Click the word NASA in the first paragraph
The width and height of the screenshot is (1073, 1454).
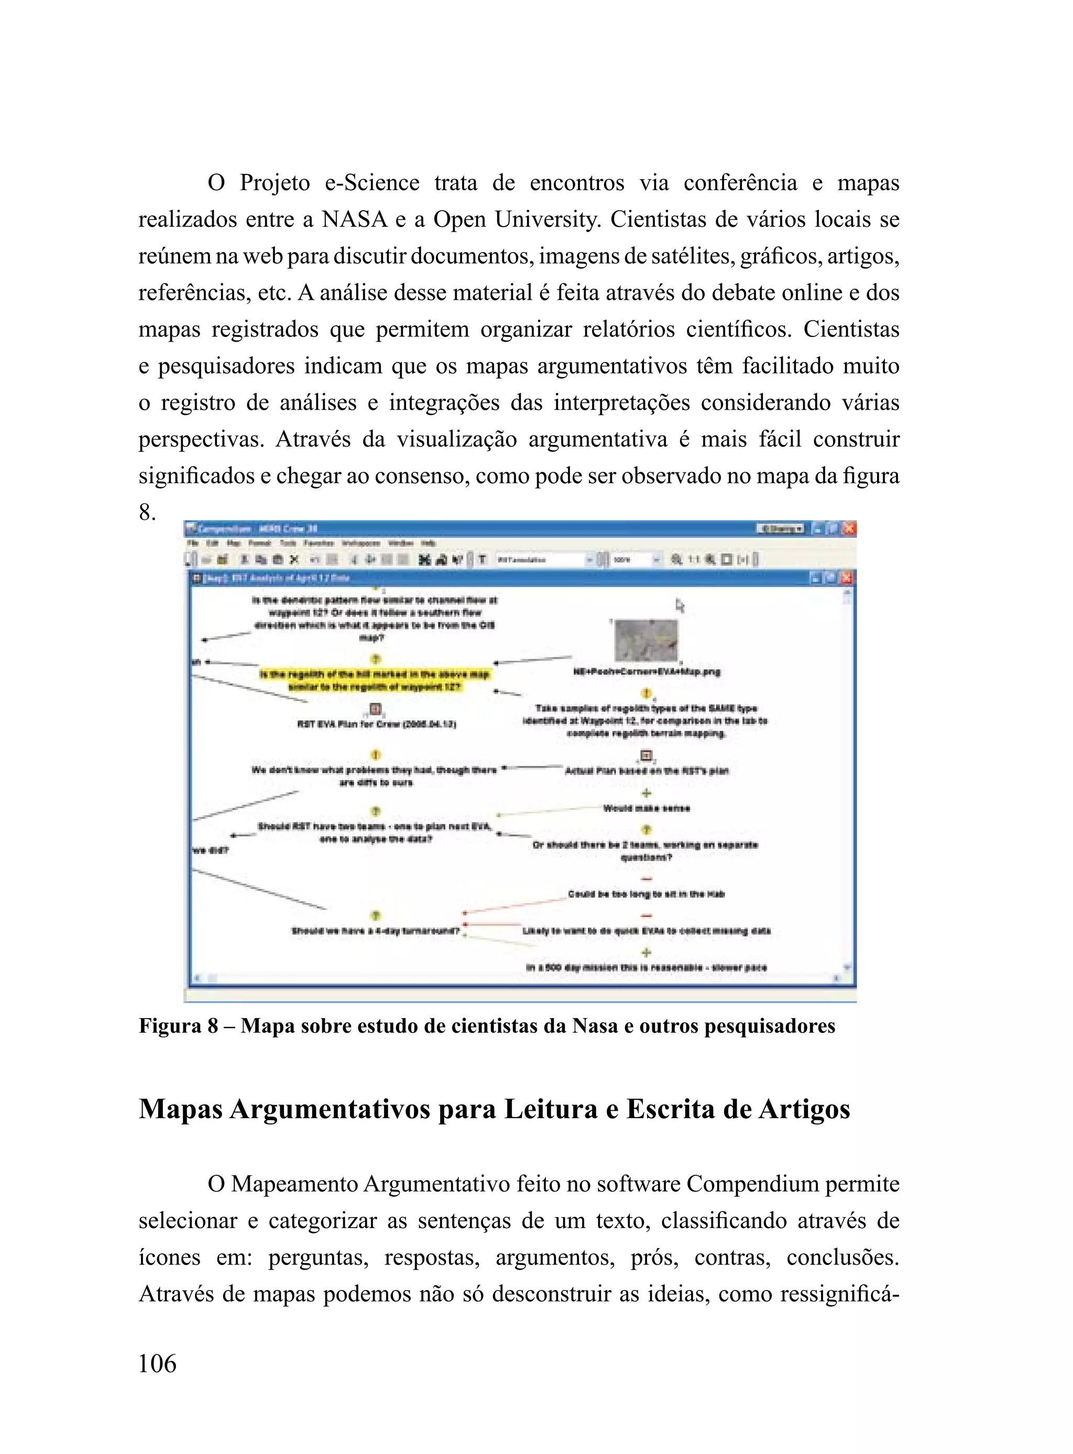pyautogui.click(x=354, y=220)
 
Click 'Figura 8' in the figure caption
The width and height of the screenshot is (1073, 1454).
pyautogui.click(x=178, y=1026)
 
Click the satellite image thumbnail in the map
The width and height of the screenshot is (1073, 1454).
pyautogui.click(x=647, y=640)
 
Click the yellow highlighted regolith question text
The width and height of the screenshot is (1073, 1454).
pyautogui.click(x=375, y=681)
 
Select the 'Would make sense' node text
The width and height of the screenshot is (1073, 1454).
pyautogui.click(x=647, y=808)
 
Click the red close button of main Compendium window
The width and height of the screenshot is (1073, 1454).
pyautogui.click(x=849, y=529)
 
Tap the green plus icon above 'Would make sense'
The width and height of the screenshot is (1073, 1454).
pyautogui.click(x=647, y=793)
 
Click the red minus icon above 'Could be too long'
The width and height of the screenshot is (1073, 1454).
pyautogui.click(x=647, y=879)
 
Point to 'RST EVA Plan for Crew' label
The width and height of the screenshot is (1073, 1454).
pyautogui.click(x=376, y=724)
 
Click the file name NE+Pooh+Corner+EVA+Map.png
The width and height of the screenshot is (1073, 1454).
pyautogui.click(x=647, y=672)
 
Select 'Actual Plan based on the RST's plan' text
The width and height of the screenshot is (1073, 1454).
pyautogui.click(x=647, y=771)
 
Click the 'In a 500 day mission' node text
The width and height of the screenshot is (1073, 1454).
pyautogui.click(x=647, y=968)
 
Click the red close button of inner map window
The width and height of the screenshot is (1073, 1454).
pyautogui.click(x=846, y=577)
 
